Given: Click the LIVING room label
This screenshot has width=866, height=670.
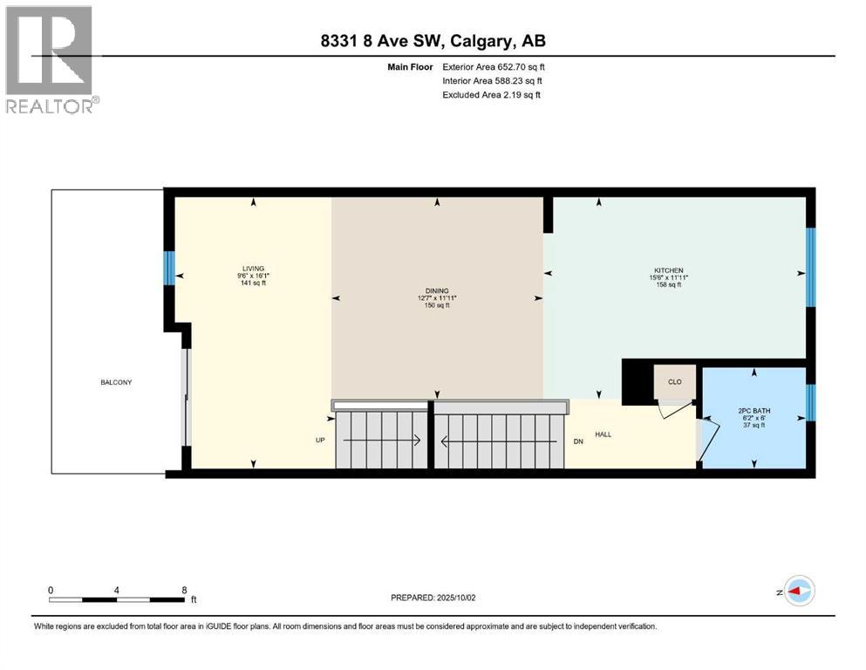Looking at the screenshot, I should (x=254, y=268).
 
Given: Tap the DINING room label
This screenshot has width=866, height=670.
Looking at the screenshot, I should (x=437, y=291).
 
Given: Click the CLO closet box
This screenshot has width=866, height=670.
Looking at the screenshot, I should (x=675, y=381).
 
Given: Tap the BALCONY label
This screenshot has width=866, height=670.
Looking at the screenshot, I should (x=115, y=382).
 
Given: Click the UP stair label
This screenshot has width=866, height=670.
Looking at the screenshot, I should (x=320, y=441).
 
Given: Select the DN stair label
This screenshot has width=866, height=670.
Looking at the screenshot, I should (x=578, y=441).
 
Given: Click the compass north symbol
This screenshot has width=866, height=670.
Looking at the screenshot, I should (x=799, y=591).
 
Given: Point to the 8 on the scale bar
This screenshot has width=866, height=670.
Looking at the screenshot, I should (x=184, y=590).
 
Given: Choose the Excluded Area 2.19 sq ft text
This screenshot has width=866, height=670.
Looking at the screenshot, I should (x=491, y=94).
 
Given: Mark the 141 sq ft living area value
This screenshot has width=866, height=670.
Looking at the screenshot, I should (x=254, y=284).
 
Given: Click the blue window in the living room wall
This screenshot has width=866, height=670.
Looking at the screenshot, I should (x=170, y=268).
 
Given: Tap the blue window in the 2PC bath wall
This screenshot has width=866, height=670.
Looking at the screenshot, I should (x=810, y=402).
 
